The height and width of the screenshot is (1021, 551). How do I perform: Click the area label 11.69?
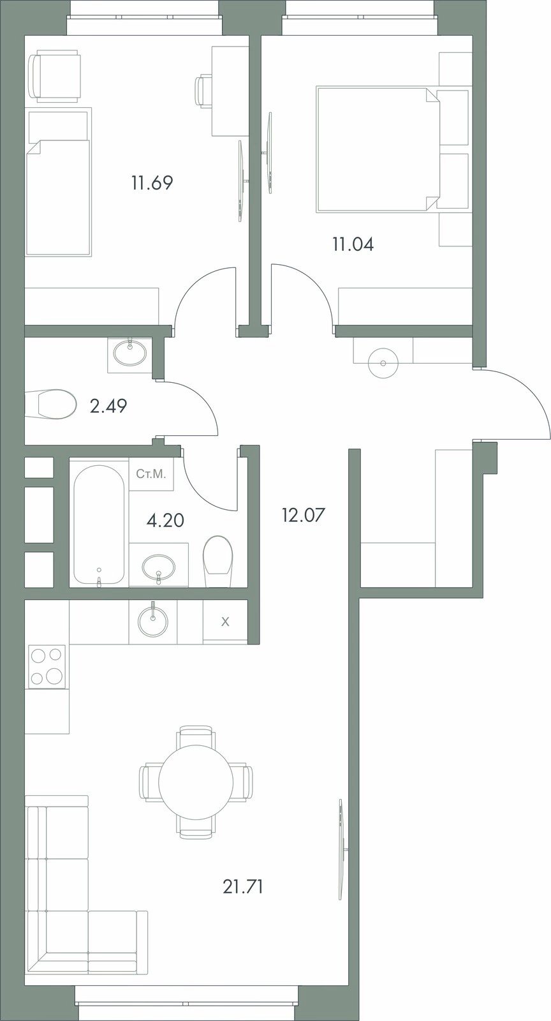coord(152,183)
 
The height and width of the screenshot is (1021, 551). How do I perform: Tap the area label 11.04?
coord(353,245)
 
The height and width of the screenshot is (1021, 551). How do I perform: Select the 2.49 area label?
coord(108,405)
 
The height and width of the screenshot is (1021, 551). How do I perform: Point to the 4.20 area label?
coord(165,519)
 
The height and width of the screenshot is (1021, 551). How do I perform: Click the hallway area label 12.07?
coord(304,516)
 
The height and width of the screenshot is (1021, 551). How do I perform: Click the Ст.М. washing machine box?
coord(151,474)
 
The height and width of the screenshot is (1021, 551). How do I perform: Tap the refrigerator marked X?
coord(225,622)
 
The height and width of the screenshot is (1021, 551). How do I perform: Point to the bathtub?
coord(99,524)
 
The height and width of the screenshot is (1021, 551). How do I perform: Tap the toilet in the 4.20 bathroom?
coord(217,561)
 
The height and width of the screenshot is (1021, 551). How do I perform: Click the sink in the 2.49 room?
coord(130,352)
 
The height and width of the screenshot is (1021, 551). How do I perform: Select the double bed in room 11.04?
coord(378,149)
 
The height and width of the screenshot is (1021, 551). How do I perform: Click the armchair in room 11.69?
coord(55,75)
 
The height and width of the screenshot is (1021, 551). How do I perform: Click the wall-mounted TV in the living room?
coord(341,849)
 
